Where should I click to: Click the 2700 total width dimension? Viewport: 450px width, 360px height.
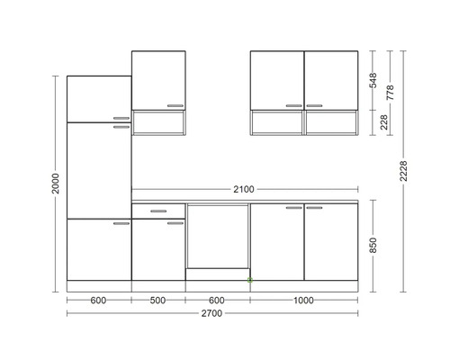pyautogui.click(x=211, y=313)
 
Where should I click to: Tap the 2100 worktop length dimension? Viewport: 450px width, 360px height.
pyautogui.click(x=244, y=189)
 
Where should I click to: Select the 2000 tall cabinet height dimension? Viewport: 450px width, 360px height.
pyautogui.click(x=56, y=184)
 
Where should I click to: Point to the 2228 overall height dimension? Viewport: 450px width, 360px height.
pyautogui.click(x=404, y=171)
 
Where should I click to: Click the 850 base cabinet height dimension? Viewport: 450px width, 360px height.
pyautogui.click(x=373, y=245)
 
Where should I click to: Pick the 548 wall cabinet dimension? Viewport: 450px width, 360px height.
pyautogui.click(x=373, y=80)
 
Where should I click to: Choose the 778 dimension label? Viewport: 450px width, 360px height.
pyautogui.click(x=390, y=93)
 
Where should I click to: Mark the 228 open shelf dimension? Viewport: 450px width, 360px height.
pyautogui.click(x=384, y=122)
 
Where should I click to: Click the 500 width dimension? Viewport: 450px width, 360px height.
pyautogui.click(x=157, y=301)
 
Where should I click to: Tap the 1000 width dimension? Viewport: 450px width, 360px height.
pyautogui.click(x=303, y=301)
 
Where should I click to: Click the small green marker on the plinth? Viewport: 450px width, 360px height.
pyautogui.click(x=250, y=280)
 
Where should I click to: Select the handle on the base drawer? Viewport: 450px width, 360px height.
pyautogui.click(x=158, y=211)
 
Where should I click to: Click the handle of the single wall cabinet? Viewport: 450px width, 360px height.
pyautogui.click(x=175, y=105)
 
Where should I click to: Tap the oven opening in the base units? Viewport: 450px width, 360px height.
pyautogui.click(x=218, y=237)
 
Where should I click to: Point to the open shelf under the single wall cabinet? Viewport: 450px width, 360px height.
pyautogui.click(x=158, y=122)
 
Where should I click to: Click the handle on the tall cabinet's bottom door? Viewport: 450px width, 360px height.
pyautogui.click(x=121, y=223)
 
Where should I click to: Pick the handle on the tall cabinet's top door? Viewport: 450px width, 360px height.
pyautogui.click(x=121, y=118)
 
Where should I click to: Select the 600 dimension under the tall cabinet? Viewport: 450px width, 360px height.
pyautogui.click(x=98, y=301)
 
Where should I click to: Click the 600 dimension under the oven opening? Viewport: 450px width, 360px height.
pyautogui.click(x=217, y=301)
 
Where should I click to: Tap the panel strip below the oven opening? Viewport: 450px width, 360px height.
pyautogui.click(x=218, y=274)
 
